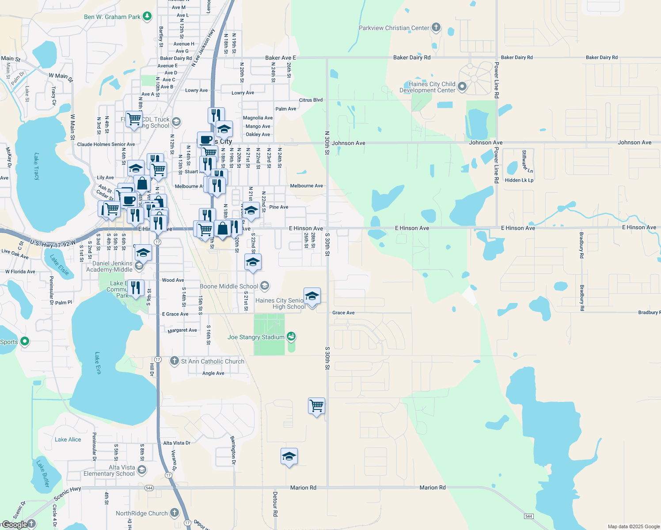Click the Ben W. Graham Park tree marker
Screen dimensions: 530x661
147,17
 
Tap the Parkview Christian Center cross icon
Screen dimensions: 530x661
436,27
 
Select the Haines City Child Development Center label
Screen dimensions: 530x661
427,87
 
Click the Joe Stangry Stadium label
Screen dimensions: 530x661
256,337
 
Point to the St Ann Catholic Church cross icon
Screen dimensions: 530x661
175,361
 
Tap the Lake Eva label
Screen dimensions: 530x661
98,363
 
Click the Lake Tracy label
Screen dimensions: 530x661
37,167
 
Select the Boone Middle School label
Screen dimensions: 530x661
229,286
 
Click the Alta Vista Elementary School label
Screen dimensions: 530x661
109,470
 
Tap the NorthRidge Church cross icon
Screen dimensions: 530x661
175,513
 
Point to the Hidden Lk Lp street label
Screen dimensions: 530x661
519,180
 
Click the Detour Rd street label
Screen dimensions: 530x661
275,504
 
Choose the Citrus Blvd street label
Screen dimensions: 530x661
311,100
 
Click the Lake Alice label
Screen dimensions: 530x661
68,439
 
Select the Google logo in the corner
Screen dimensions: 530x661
15,524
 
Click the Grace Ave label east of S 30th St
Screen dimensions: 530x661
343,313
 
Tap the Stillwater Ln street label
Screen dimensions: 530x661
527,162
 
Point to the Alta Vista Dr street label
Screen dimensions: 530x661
177,443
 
